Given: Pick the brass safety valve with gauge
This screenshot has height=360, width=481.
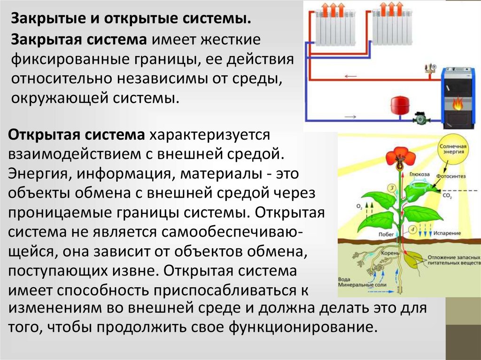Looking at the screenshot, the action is pos(429,71).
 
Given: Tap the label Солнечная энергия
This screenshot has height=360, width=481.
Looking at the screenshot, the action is pos(453,149).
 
